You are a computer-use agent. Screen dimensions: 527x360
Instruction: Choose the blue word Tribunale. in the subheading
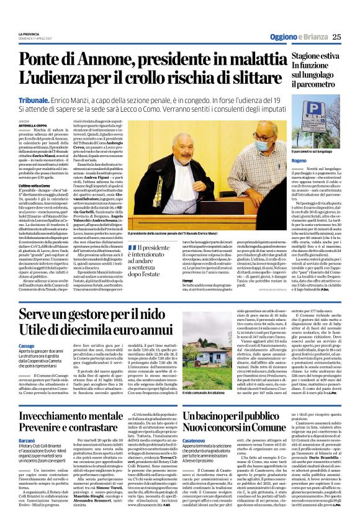[36, 99]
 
